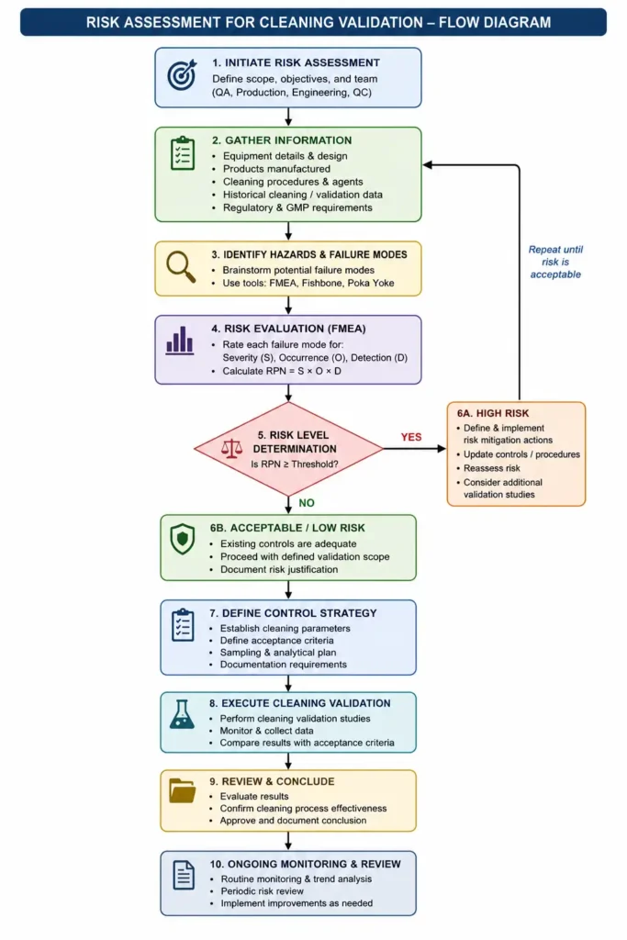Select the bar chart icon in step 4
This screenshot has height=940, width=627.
click(x=180, y=341)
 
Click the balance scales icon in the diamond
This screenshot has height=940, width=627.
click(x=232, y=448)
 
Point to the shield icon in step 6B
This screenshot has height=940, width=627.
click(x=183, y=540)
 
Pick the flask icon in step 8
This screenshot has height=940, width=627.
click(x=182, y=714)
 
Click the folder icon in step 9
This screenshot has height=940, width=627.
click(x=183, y=790)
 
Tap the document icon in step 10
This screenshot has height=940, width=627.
click(x=184, y=875)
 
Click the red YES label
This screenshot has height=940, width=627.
click(x=411, y=437)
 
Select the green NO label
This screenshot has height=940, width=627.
click(x=307, y=503)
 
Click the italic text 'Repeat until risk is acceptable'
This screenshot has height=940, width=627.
click(x=555, y=262)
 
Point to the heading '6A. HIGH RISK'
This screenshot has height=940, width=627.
click(x=493, y=413)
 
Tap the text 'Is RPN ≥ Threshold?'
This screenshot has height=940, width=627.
click(x=295, y=464)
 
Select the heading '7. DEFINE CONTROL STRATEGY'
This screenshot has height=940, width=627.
click(x=293, y=613)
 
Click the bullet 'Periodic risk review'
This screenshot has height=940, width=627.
click(x=262, y=890)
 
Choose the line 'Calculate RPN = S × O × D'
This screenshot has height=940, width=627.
click(x=282, y=371)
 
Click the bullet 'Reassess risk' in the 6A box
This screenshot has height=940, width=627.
click(x=491, y=468)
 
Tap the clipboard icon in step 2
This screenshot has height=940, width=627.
click(x=183, y=153)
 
